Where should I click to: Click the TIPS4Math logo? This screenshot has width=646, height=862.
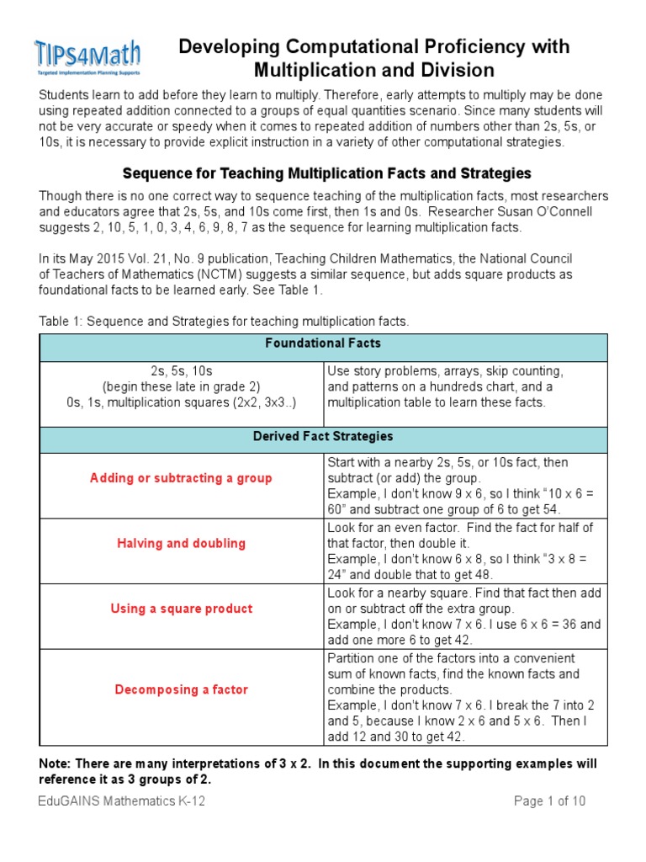pyautogui.click(x=87, y=56)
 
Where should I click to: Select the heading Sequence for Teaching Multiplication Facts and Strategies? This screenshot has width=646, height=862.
pyautogui.click(x=326, y=173)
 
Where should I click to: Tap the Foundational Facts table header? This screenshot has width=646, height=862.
pyautogui.click(x=323, y=343)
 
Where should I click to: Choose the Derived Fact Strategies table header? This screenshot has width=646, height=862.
pyautogui.click(x=323, y=437)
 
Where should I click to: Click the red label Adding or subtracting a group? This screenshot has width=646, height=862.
pyautogui.click(x=181, y=478)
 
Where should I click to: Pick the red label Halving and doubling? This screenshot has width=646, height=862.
pyautogui.click(x=181, y=543)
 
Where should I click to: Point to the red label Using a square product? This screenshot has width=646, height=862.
pyautogui.click(x=181, y=609)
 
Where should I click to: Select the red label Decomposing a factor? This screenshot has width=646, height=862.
pyautogui.click(x=181, y=689)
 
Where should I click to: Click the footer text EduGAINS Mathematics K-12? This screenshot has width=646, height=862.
pyautogui.click(x=122, y=801)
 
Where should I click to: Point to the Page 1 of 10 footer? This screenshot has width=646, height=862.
pyautogui.click(x=549, y=801)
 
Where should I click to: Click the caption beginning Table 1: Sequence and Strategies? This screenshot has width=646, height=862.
pyautogui.click(x=223, y=322)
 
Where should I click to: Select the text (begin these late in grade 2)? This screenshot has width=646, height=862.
pyautogui.click(x=181, y=386)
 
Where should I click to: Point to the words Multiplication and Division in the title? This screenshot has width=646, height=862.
pyautogui.click(x=374, y=71)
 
